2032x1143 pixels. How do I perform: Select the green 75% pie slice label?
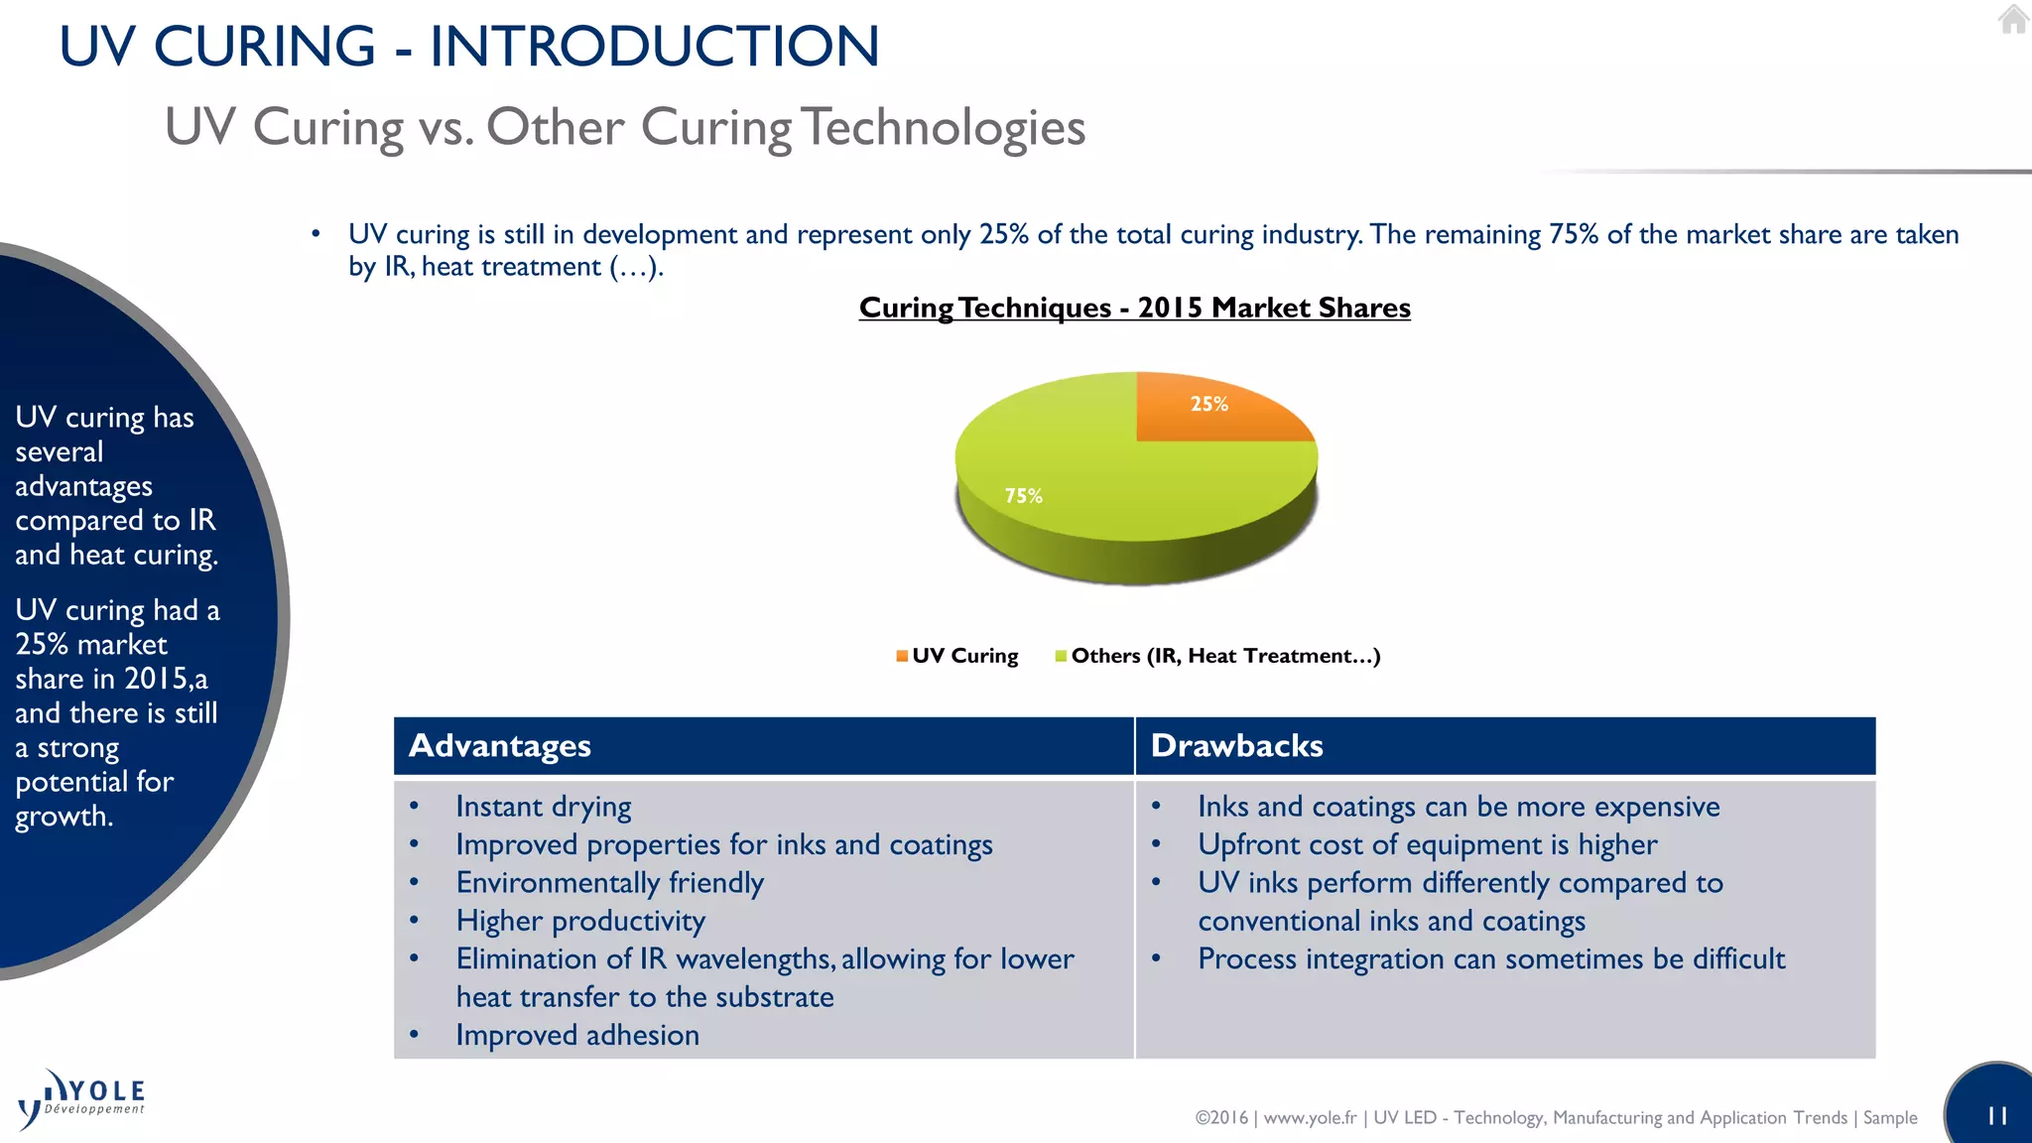click(1023, 496)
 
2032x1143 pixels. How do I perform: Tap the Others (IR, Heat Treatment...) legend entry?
click(1217, 656)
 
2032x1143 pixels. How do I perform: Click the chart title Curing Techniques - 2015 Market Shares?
click(1134, 308)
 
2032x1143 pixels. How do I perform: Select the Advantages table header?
click(500, 746)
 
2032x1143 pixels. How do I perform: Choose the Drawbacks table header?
click(1236, 746)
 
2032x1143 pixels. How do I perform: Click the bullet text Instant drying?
click(543, 807)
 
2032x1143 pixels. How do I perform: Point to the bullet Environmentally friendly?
click(609, 883)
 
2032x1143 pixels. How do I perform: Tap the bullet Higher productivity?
click(580, 922)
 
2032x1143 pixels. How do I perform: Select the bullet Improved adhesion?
click(577, 1036)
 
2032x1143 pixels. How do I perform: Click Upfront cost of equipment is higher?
click(1427, 845)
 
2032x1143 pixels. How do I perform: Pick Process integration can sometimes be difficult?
click(1490, 959)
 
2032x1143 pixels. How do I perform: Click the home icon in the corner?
click(2013, 20)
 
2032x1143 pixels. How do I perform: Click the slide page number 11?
click(1997, 1116)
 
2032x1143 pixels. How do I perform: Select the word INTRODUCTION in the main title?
click(654, 47)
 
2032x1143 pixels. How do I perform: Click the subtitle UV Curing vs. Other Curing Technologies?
click(625, 127)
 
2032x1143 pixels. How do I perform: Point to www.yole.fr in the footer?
click(1310, 1118)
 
